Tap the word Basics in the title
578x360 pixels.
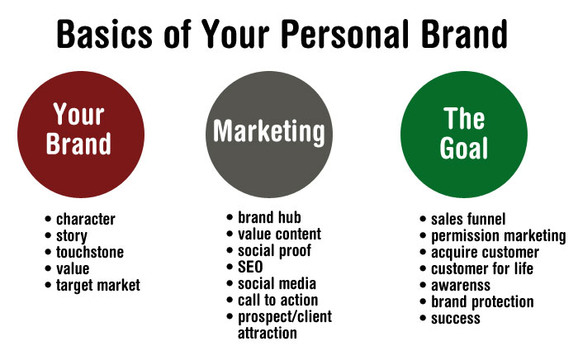(x=105, y=34)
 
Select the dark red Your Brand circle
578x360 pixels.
(x=81, y=135)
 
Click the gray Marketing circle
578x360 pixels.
(x=269, y=135)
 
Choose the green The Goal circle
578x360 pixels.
(x=464, y=135)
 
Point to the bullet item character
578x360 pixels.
(x=86, y=220)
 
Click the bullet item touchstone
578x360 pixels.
(x=90, y=253)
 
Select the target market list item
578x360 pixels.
(x=98, y=286)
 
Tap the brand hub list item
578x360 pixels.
(x=269, y=217)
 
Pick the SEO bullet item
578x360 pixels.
(x=250, y=268)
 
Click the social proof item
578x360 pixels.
(x=275, y=251)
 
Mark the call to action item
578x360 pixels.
(x=278, y=301)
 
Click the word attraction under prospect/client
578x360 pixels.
(x=268, y=334)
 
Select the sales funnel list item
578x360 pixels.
(x=468, y=220)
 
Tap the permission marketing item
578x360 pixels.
(x=499, y=236)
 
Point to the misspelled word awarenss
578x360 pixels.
(x=461, y=286)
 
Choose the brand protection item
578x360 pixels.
(x=482, y=302)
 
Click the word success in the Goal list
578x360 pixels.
(x=456, y=319)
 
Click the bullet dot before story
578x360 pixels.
(x=48, y=235)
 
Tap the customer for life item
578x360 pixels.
(x=482, y=269)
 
